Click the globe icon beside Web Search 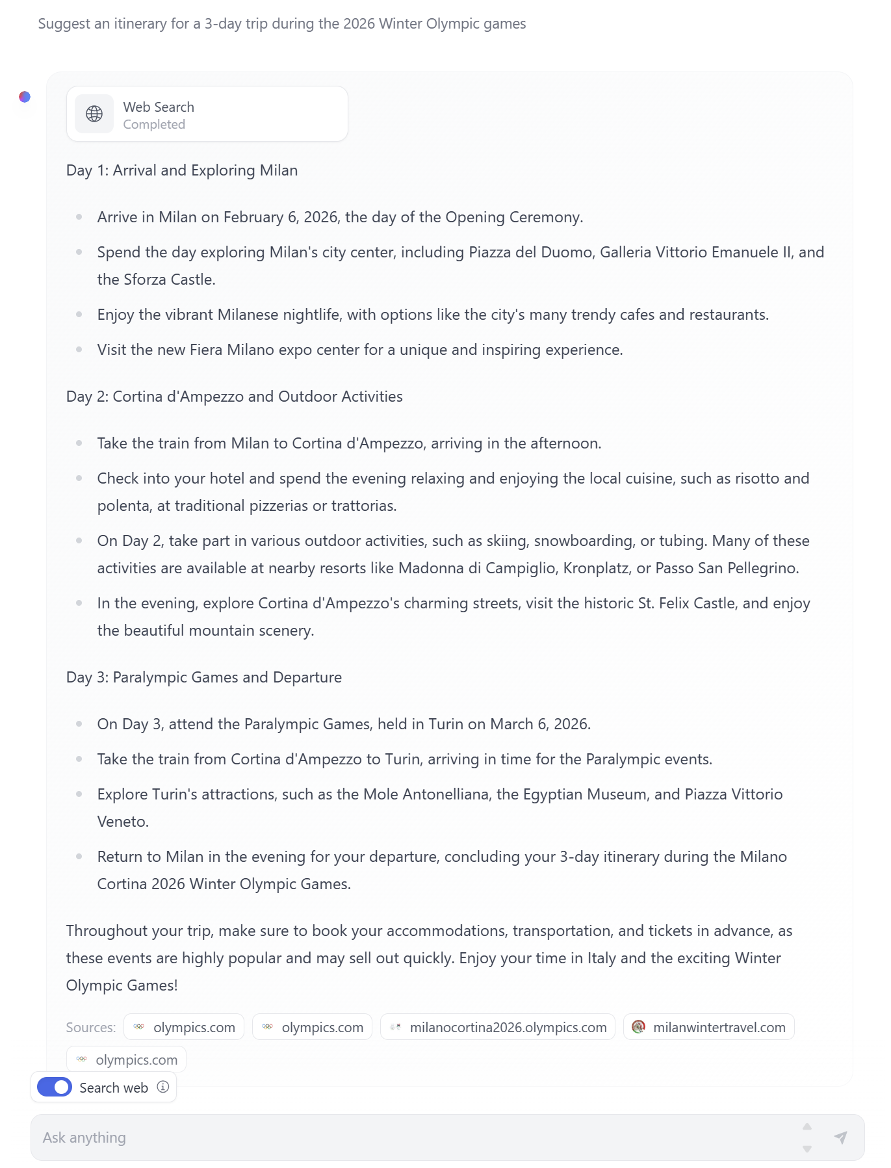pyautogui.click(x=94, y=114)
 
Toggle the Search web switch pyautogui.click(x=55, y=1087)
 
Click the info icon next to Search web pyautogui.click(x=163, y=1087)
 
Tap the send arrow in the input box pyautogui.click(x=840, y=1137)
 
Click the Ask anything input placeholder pyautogui.click(x=84, y=1137)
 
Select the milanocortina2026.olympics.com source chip pyautogui.click(x=498, y=1027)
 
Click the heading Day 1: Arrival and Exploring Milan pyautogui.click(x=182, y=170)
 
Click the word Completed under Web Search pyautogui.click(x=154, y=125)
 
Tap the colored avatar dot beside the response pyautogui.click(x=25, y=97)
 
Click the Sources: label pyautogui.click(x=91, y=1028)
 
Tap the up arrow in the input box pyautogui.click(x=807, y=1126)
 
